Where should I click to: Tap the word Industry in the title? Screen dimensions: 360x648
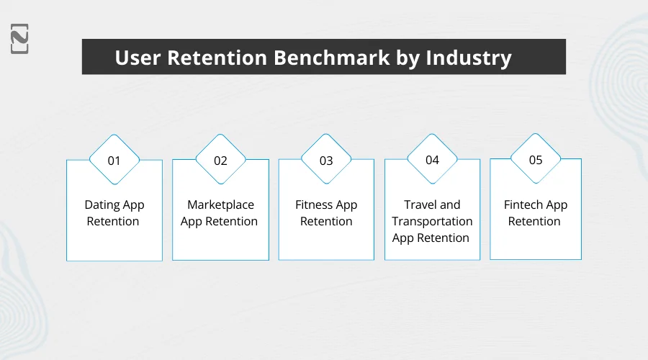[469, 58]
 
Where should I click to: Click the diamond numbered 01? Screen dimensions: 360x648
[114, 161]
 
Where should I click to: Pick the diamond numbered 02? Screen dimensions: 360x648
[220, 161]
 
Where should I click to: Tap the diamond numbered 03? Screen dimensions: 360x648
[326, 161]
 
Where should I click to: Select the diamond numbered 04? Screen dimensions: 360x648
[432, 160]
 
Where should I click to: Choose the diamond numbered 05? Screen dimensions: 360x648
[536, 160]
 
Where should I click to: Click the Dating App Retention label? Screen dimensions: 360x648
[114, 213]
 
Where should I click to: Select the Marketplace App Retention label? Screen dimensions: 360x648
[220, 213]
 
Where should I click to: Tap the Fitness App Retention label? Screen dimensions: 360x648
[326, 213]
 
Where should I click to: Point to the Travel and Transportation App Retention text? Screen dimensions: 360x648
[432, 221]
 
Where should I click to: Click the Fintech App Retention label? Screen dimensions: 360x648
[535, 213]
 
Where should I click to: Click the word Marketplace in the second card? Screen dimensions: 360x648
[220, 205]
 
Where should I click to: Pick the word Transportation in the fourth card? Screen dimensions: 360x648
[432, 222]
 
